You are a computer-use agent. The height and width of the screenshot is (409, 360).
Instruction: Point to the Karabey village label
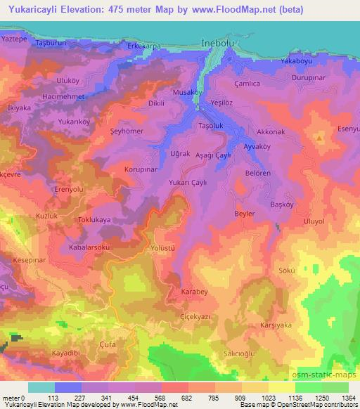point(195,290)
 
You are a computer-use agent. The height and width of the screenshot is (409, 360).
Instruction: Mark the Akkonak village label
point(271,131)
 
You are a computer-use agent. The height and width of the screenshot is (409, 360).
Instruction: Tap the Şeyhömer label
point(128,131)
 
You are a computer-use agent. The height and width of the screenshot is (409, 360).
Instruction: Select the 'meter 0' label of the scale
point(13,399)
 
